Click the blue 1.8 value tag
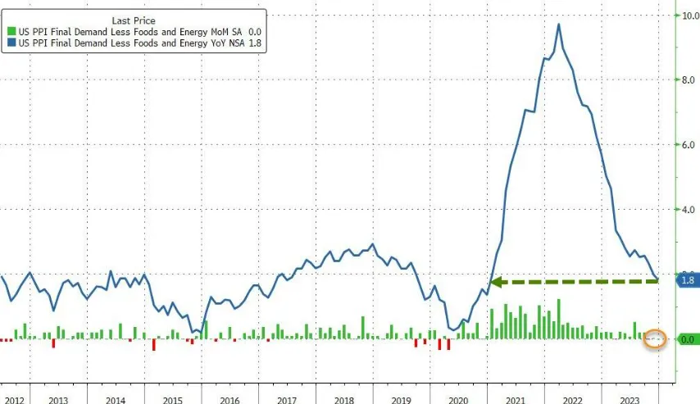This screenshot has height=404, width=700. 687,280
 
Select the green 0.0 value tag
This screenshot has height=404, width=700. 687,338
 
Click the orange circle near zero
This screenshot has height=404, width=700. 655,338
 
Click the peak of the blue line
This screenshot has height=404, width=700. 559,24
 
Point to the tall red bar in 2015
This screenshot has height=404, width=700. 153,345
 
